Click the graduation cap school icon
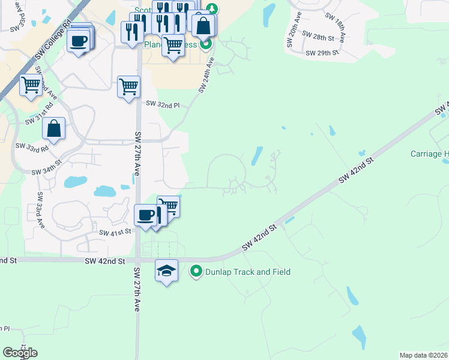click(x=167, y=271)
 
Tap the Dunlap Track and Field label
click(x=248, y=272)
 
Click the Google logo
click(x=20, y=353)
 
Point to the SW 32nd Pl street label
click(x=163, y=104)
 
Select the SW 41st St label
click(x=115, y=233)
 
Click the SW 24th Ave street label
click(x=206, y=75)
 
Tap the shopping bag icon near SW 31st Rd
click(x=53, y=128)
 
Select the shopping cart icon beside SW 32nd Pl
click(x=128, y=87)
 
